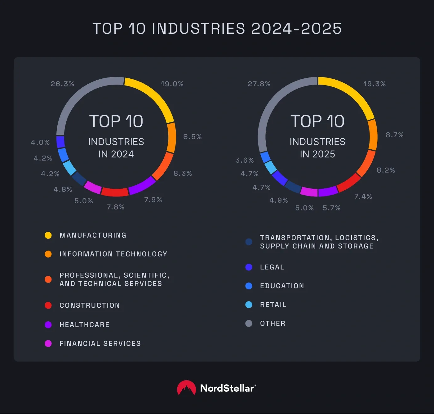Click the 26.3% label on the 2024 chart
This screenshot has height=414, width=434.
click(x=62, y=84)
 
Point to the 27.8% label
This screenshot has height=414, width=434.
click(x=259, y=84)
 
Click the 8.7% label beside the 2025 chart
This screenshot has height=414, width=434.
click(x=394, y=135)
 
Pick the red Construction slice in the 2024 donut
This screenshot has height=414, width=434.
click(x=115, y=192)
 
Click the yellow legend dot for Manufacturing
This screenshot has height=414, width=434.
click(x=48, y=235)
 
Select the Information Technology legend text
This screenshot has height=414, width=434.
click(x=113, y=254)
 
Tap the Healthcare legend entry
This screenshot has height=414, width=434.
click(x=84, y=325)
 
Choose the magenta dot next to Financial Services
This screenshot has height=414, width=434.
click(x=48, y=343)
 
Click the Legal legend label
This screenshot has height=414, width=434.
click(x=272, y=267)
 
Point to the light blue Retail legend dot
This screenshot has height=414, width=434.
click(x=249, y=305)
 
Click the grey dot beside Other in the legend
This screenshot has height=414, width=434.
click(x=249, y=324)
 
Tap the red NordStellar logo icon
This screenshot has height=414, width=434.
click(x=186, y=388)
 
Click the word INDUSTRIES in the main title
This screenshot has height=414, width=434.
click(x=198, y=29)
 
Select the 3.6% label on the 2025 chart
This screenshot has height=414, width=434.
click(x=244, y=160)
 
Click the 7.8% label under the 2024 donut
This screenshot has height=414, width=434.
click(x=115, y=207)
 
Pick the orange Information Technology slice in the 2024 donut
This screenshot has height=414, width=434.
click(x=171, y=138)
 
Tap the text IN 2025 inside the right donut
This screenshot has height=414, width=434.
click(x=317, y=154)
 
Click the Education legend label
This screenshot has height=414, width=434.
click(x=282, y=286)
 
